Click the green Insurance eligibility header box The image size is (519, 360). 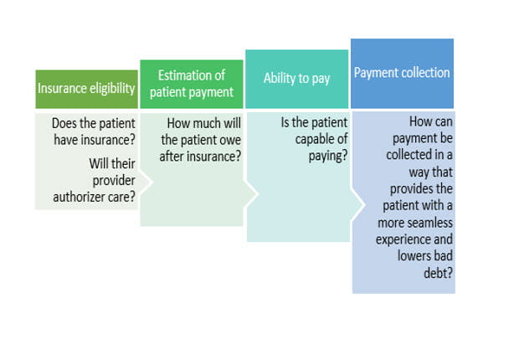[x=87, y=89]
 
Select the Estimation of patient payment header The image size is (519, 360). [x=192, y=84]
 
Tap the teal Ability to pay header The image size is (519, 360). [x=297, y=80]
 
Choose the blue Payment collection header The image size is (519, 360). [x=402, y=74]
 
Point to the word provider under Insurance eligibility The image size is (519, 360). [x=114, y=181]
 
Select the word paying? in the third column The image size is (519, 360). [x=328, y=156]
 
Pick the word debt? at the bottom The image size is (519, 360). [x=438, y=273]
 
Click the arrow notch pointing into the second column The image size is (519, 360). [x=146, y=182]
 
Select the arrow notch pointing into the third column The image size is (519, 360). [x=251, y=194]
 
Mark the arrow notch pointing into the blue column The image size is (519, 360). [x=358, y=204]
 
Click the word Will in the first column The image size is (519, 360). [x=98, y=163]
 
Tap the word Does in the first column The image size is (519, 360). [x=64, y=124]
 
